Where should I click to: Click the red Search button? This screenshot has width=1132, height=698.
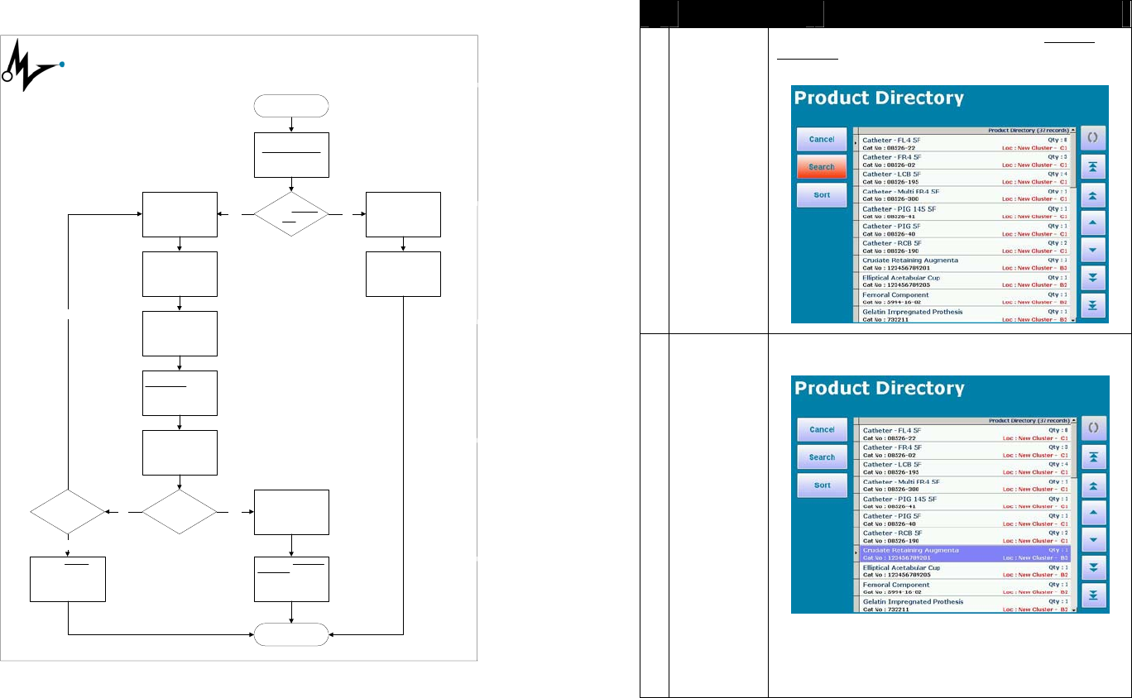click(822, 167)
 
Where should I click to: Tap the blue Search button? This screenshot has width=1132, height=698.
click(822, 457)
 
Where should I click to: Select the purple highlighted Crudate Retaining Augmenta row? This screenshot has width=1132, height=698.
click(965, 554)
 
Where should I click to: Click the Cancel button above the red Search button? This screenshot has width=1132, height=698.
click(822, 139)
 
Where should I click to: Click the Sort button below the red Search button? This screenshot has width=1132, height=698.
click(822, 195)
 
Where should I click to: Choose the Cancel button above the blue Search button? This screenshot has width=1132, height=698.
click(822, 429)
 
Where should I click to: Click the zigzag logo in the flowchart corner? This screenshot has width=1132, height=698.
click(33, 67)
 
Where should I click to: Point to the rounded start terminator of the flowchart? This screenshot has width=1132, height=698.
click(292, 106)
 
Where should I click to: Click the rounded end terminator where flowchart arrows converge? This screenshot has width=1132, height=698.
click(292, 635)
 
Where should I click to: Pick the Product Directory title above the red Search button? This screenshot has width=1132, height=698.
click(879, 98)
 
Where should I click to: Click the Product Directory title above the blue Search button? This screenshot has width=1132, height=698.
click(879, 388)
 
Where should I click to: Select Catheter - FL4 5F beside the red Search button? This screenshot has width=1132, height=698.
click(965, 144)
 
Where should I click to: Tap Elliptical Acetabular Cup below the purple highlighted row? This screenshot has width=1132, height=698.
click(965, 571)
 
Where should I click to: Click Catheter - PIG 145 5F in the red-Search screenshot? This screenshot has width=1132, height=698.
click(965, 213)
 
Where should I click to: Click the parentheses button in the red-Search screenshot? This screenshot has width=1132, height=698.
click(1093, 137)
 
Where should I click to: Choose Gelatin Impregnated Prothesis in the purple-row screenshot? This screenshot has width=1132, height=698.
click(965, 605)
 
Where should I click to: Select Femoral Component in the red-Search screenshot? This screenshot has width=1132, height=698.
click(965, 299)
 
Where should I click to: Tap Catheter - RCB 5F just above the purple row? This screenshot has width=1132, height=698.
click(965, 537)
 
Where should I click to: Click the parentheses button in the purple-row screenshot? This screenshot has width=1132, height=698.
click(1093, 428)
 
